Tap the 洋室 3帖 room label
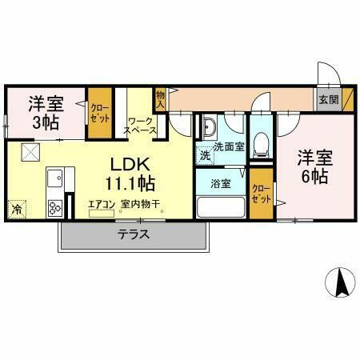tap(46, 113)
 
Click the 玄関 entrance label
tap(328, 100)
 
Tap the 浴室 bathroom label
tap(221, 183)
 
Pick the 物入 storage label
tap(160, 98)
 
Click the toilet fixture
tap(260, 145)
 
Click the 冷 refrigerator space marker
tap(17, 210)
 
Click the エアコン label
tap(102, 204)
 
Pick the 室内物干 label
tap(142, 204)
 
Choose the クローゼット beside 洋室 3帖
tap(100, 112)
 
